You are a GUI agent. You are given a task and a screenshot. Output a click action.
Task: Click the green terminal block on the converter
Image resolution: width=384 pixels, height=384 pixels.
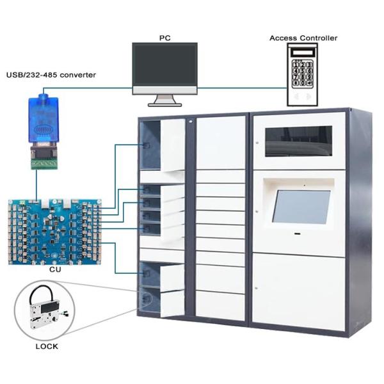[44, 164]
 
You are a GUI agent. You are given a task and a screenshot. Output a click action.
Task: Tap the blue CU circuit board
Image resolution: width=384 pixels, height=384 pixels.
[56, 231]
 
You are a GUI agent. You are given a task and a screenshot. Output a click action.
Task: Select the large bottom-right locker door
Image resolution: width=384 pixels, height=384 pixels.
[298, 291]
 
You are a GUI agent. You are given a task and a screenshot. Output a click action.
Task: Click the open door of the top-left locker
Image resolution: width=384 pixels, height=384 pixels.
[172, 145]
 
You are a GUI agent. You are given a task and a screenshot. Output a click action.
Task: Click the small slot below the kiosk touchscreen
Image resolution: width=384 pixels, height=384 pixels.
[298, 233]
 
